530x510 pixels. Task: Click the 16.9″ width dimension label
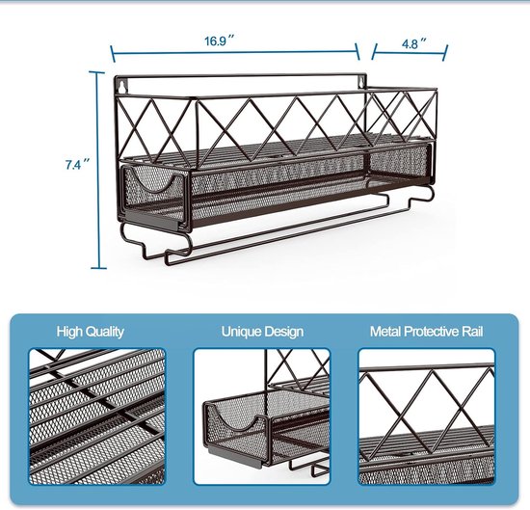point(219,40)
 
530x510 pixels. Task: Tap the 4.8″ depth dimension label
point(413,43)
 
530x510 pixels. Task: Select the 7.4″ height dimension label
point(78,164)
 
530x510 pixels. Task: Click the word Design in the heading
point(283,332)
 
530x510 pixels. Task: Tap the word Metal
point(385,332)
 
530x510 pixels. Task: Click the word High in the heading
point(67,332)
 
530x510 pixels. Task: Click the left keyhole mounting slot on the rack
point(121,86)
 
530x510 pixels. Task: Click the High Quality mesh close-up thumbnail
point(97,416)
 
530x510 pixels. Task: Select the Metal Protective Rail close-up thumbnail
point(427,416)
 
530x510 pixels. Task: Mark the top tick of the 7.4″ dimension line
point(97,72)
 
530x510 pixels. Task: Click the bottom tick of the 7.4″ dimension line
point(98,268)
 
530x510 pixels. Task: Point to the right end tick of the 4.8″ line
point(445,53)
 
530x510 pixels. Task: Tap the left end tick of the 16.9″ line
point(114,54)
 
